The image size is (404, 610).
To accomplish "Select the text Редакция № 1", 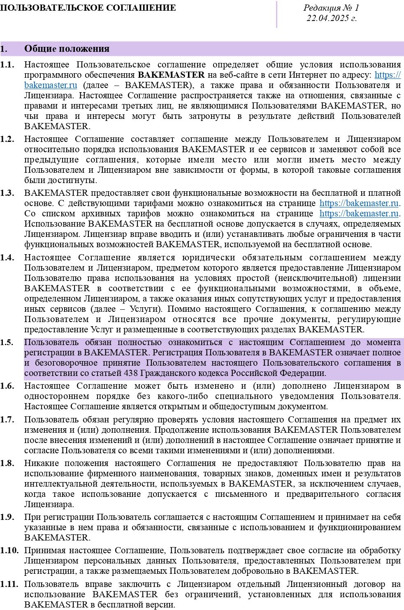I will coord(331,8).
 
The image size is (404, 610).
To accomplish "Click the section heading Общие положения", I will coord(67,49).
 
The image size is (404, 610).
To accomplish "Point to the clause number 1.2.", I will coord(7,139).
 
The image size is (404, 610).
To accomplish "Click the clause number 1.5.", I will coord(7,342).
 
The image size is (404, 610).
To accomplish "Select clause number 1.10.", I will coord(9,550).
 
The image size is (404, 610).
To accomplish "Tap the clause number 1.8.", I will coord(7,463).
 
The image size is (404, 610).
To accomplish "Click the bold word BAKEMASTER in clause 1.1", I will coord(171,75).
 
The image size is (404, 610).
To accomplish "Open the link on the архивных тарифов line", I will coord(359,213).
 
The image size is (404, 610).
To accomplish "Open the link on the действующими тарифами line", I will coord(359,203).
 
